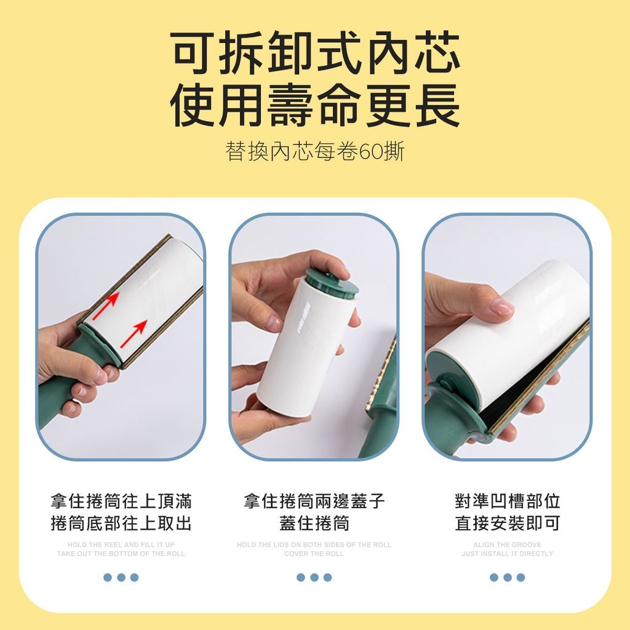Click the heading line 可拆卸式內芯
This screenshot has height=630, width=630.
coord(315,52)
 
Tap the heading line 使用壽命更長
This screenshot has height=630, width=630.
coord(315,105)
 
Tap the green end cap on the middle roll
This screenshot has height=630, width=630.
coord(332,283)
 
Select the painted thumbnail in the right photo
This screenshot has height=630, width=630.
coord(502,308)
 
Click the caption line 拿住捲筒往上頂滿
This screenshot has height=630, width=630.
coord(121,501)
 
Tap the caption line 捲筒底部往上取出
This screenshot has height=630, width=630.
coord(121,523)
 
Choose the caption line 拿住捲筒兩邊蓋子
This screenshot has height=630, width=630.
coord(314,501)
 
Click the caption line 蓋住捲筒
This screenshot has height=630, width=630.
coord(314,523)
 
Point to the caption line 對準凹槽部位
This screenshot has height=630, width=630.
coord(508,501)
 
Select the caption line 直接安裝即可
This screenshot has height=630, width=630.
coord(508,523)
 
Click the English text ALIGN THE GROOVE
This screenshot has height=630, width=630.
coord(508,545)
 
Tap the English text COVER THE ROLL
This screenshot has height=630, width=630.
coord(314,554)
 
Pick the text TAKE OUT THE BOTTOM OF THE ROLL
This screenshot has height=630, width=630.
coord(121,554)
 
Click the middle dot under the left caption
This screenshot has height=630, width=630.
coord(121,577)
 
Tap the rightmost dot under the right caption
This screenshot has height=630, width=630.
coord(520,577)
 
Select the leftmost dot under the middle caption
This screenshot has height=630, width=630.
coord(300,577)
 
